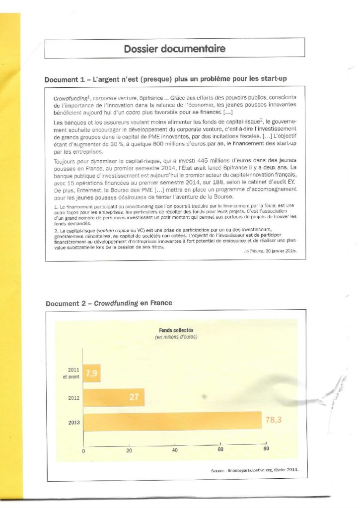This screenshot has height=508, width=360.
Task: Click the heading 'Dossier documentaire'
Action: click(174, 49)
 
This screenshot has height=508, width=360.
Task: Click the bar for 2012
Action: click(114, 397)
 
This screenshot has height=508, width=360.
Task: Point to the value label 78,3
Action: click(274, 420)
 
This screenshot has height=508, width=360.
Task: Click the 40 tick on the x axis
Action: click(175, 450)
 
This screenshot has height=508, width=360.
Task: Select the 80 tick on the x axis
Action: click(266, 449)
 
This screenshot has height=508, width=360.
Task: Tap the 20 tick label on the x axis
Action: click(129, 450)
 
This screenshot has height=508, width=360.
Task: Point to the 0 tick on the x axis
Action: click(83, 450)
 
